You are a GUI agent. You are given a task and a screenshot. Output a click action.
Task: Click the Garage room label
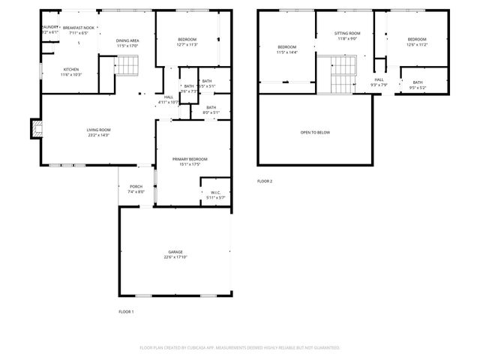175,252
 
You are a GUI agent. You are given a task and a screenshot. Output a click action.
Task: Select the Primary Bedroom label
189,159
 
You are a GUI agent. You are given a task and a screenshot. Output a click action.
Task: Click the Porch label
136,187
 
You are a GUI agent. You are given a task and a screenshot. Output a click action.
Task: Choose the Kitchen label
71,69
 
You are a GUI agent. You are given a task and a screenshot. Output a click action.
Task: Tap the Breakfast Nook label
78,27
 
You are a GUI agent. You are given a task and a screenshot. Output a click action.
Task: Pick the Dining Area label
127,40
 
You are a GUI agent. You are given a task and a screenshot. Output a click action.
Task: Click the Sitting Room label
347,33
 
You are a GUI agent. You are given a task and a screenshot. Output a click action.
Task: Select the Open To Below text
315,133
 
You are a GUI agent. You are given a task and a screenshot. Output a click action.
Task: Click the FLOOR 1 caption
126,311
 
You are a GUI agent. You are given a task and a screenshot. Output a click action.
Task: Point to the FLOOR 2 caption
265,181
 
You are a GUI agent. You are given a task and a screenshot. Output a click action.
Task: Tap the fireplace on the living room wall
34,130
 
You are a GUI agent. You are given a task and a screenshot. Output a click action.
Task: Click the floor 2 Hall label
379,79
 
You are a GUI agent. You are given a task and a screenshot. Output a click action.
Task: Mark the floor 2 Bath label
417,82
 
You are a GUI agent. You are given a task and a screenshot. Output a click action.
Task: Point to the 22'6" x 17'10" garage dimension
175,257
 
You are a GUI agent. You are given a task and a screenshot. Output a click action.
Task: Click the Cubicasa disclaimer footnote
239,348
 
